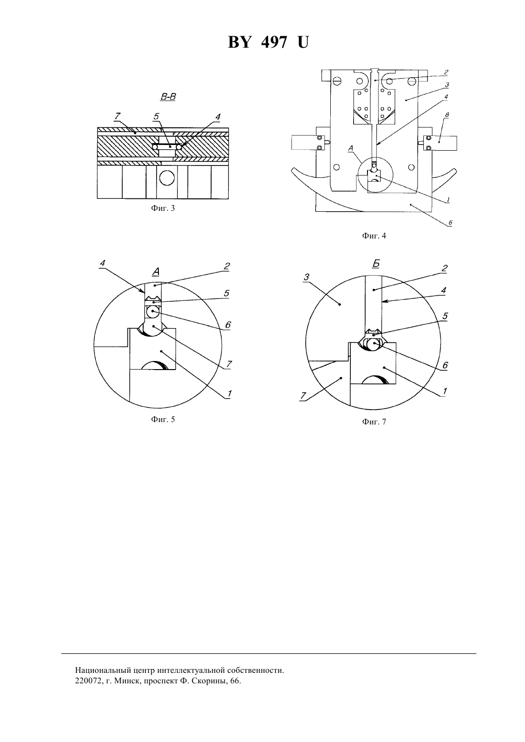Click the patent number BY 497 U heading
pyautogui.click(x=268, y=42)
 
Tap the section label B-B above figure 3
pyautogui.click(x=168, y=97)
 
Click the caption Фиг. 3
pyautogui.click(x=163, y=208)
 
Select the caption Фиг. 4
pyautogui.click(x=374, y=236)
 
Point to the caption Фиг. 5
pyautogui.click(x=163, y=419)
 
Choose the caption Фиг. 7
pyautogui.click(x=374, y=422)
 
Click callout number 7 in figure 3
pyautogui.click(x=117, y=116)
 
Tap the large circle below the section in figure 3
pyautogui.click(x=167, y=178)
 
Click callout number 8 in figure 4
pyautogui.click(x=447, y=114)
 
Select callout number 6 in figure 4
pyautogui.click(x=450, y=223)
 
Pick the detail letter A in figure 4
pyautogui.click(x=351, y=149)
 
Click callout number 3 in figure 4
pyautogui.click(x=447, y=85)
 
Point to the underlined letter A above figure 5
pyautogui.click(x=156, y=272)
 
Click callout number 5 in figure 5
pyautogui.click(x=227, y=293)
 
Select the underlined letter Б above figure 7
pyautogui.click(x=376, y=264)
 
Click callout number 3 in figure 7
pyautogui.click(x=306, y=277)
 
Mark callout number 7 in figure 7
pyautogui.click(x=303, y=395)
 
